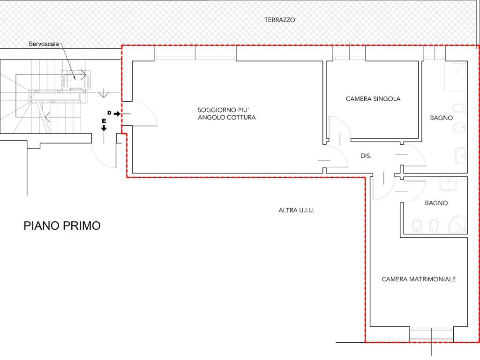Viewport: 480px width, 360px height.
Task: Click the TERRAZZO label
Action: click(279, 20)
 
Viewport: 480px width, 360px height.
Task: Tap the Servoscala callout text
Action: click(42, 44)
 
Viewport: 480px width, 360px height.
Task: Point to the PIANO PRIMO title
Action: click(62, 226)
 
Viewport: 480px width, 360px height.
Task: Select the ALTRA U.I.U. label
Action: click(296, 210)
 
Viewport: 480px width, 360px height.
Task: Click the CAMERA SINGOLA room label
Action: click(373, 99)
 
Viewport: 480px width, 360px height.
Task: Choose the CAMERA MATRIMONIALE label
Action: click(419, 279)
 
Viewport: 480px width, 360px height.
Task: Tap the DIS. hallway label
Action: click(366, 156)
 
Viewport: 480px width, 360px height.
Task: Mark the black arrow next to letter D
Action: click(117, 114)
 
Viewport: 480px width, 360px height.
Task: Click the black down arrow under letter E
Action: click(104, 127)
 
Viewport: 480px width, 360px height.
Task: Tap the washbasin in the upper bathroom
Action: click(460, 156)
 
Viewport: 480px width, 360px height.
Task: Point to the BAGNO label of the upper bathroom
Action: click(441, 118)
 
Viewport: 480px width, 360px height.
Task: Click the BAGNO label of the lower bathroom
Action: click(436, 203)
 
